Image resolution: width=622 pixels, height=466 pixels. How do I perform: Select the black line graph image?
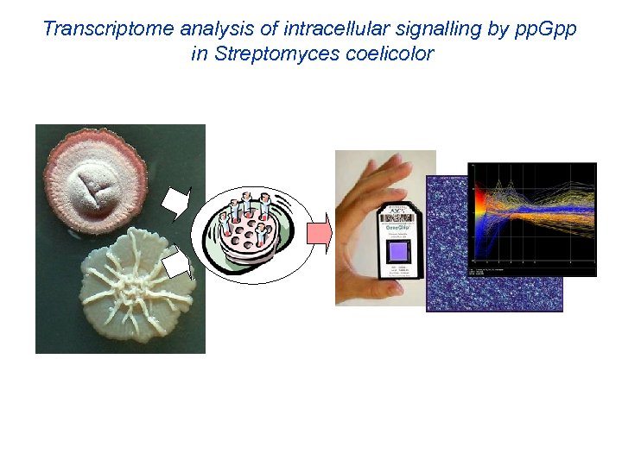pyautogui.click(x=531, y=220)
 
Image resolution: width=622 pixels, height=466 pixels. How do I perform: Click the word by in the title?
pyautogui.click(x=498, y=29)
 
